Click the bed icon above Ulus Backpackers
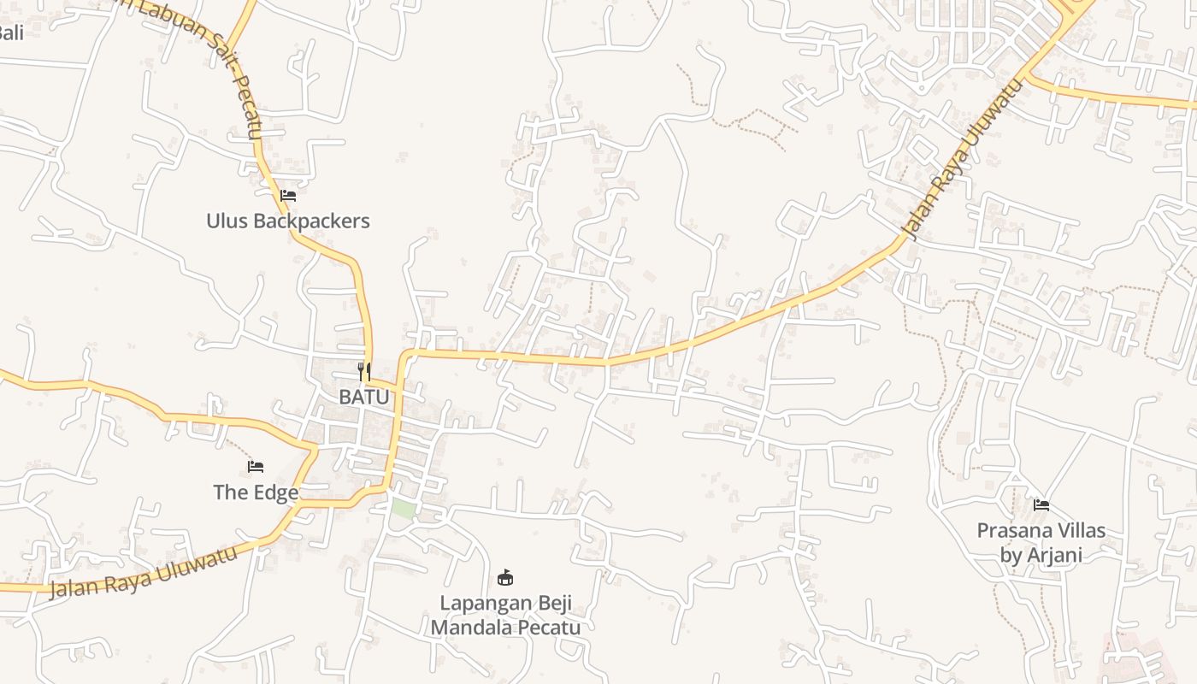pos(288,196)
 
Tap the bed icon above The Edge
pos(256,466)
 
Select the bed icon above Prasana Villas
pos(1041,504)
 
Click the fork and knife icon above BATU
pos(364,371)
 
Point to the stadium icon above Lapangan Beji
pos(505,578)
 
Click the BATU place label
pos(364,397)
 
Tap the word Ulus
pos(225,221)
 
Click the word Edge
pos(276,492)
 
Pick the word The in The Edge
pos(230,492)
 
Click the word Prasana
pos(1013,530)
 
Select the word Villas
pos(1081,530)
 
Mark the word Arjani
pos(1054,555)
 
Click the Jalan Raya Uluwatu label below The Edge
pos(143,571)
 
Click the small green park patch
pos(403,509)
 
